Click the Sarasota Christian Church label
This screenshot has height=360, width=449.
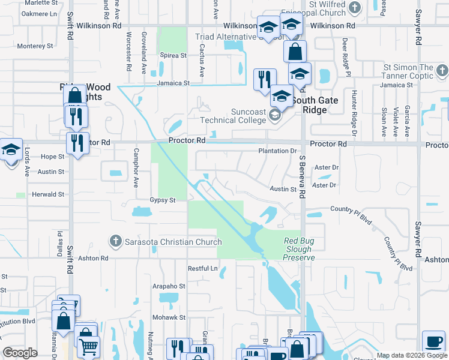tap(173, 242)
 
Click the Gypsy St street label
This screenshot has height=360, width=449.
tap(162, 200)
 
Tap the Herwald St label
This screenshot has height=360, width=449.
tap(48, 194)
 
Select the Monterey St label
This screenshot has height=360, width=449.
tap(35, 46)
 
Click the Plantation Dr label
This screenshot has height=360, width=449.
tap(277, 151)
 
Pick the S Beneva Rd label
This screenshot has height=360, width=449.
tap(303, 176)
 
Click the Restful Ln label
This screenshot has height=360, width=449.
tap(202, 268)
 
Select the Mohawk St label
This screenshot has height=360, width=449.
tap(166, 317)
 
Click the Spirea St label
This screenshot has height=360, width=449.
tap(173, 55)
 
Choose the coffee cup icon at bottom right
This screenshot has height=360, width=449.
tap(433, 341)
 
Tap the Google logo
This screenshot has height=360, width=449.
tap(20, 353)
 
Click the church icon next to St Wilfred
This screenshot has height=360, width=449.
tap(354, 8)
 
